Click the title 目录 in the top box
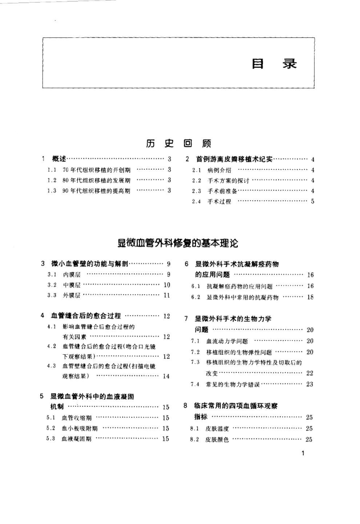[276, 64]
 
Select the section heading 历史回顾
[179, 143]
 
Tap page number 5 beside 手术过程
[313, 202]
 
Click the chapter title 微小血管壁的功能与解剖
[90, 264]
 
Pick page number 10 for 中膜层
[166, 285]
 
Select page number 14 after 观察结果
[166, 376]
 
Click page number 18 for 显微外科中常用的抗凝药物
[311, 298]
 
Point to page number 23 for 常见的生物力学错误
[310, 385]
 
